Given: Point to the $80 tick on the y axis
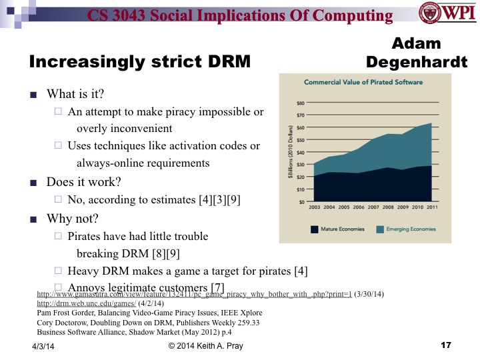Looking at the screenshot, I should coord(301,103).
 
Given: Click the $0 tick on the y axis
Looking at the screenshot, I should coord(302,202).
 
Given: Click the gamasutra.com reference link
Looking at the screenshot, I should coord(194,294).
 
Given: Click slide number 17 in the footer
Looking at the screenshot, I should coord(446,345).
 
